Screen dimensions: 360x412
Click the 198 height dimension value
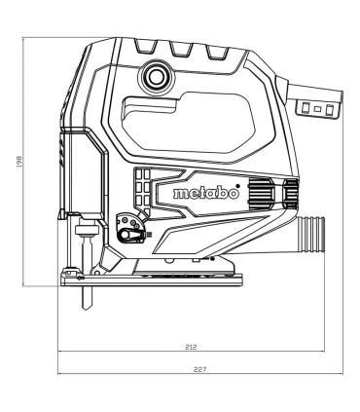click(x=19, y=162)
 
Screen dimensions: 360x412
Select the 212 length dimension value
click(x=191, y=347)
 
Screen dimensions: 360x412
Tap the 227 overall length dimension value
click(x=200, y=369)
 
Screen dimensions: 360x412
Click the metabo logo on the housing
click(x=206, y=194)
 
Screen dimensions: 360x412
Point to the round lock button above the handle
click(x=157, y=77)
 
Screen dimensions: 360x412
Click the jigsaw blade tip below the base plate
click(x=87, y=307)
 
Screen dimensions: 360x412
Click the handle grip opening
click(x=188, y=123)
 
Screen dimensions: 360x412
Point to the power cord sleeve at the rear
click(x=313, y=100)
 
